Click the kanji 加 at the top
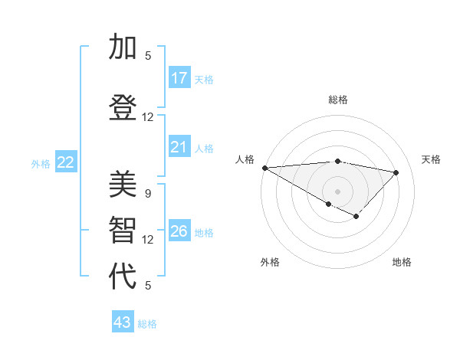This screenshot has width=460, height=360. [123, 47]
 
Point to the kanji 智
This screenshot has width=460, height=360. [123, 231]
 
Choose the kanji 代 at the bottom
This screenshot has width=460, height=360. [123, 277]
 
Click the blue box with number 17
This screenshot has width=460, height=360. [179, 78]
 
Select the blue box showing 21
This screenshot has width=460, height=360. [179, 147]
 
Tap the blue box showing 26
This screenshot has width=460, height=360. [179, 231]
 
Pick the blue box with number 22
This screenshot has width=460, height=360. [65, 162]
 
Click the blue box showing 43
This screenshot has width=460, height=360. [123, 322]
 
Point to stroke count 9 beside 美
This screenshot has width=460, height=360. [148, 194]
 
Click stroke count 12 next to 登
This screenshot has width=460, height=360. [148, 117]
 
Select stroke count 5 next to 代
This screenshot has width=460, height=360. [148, 286]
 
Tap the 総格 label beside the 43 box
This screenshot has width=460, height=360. [147, 324]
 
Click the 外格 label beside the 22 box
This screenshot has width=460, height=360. [41, 163]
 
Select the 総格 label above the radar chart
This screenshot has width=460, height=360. [337, 100]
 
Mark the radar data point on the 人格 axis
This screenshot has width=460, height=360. [264, 167]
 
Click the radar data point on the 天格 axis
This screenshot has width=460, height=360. [396, 172]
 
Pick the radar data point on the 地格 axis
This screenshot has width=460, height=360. [356, 217]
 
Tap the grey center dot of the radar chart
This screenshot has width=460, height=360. [337, 190]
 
